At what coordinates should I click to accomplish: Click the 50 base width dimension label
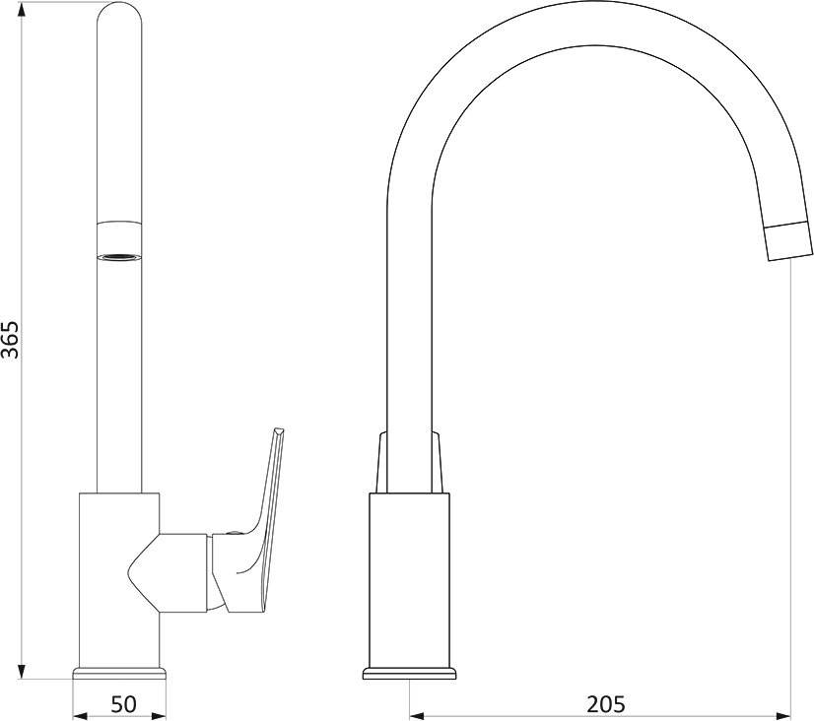[x=123, y=704]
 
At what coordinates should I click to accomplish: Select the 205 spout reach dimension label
[x=606, y=704]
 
